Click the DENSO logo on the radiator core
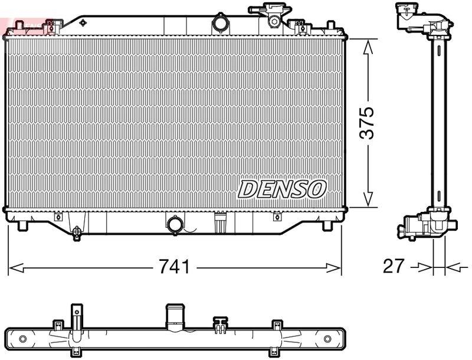pos(282,189)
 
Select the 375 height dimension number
pos(367,123)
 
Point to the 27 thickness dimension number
pos(394,266)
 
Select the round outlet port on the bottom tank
pos(175,225)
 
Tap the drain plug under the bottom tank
pos(77,233)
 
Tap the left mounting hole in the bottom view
pos(23,339)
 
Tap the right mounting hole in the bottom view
pos(327,339)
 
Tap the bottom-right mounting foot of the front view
pos(328,225)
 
